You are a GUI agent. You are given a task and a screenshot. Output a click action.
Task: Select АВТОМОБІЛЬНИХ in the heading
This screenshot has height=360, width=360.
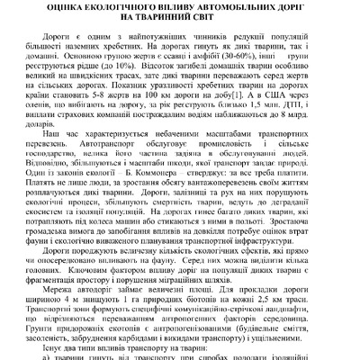point(213,12)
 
